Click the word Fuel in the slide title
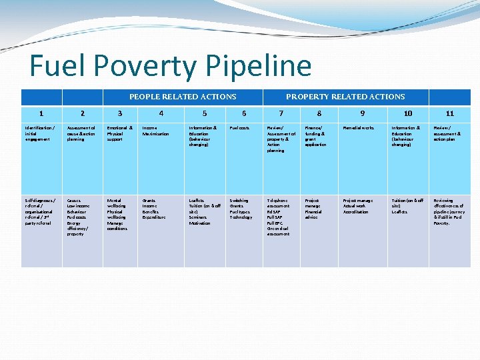click(58, 66)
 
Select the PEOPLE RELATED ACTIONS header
click(183, 97)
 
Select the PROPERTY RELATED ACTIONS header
click(345, 97)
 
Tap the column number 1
click(41, 114)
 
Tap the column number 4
click(161, 114)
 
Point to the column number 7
click(281, 114)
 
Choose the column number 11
click(450, 114)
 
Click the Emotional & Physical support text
click(120, 133)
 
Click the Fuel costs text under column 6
click(239, 128)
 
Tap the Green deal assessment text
click(278, 231)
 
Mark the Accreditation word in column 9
click(356, 212)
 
